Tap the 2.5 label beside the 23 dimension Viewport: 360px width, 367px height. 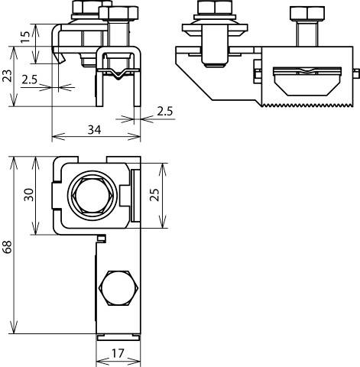tap(30, 79)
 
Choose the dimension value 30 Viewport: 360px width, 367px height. tap(28, 196)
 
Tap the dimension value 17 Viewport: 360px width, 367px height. tap(117, 355)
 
